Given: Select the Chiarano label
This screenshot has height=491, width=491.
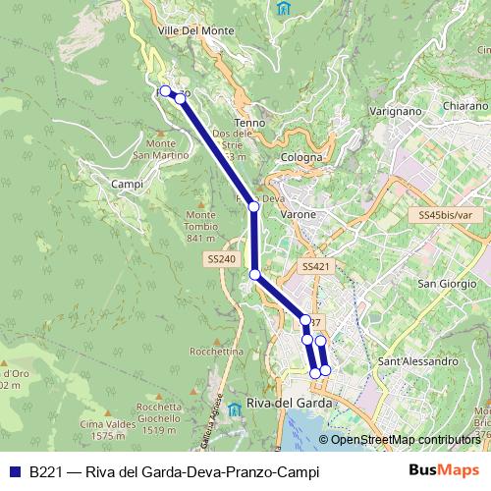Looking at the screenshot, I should click(464, 105).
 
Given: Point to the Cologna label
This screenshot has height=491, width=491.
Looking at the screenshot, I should click(300, 157).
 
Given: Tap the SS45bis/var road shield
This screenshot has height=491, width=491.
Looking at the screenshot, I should click(443, 214).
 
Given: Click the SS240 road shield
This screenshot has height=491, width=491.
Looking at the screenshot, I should click(222, 258).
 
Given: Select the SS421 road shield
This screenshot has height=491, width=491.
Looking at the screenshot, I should click(314, 266).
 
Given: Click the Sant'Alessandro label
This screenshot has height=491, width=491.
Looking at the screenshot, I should click(418, 361).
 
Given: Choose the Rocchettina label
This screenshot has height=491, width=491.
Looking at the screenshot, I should click(217, 351).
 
